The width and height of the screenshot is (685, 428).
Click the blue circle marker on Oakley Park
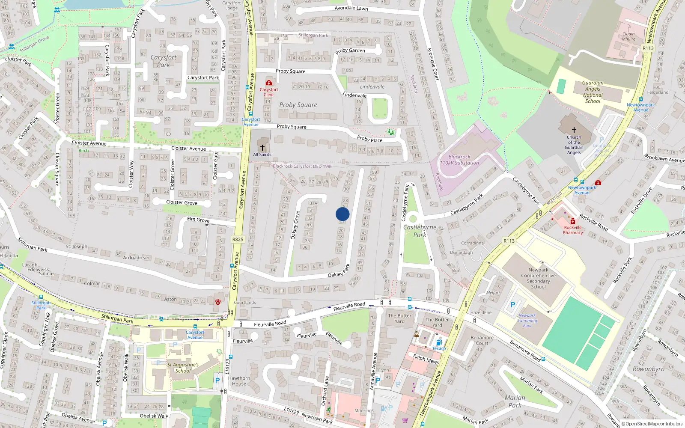(x=342, y=214)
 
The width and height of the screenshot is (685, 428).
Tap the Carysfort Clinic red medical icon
(x=269, y=83)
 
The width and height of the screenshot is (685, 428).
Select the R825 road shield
(x=238, y=240)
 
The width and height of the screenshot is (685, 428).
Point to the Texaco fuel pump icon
(x=439, y=342)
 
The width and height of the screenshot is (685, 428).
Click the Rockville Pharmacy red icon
(x=573, y=221)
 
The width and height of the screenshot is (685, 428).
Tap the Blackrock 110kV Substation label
(x=459, y=160)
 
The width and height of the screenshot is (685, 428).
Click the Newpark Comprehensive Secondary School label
(x=539, y=278)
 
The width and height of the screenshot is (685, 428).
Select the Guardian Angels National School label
(x=593, y=92)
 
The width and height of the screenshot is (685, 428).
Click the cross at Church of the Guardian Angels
(x=574, y=130)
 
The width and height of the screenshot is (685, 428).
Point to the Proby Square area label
(x=298, y=105)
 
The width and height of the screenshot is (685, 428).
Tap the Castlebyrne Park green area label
(x=420, y=231)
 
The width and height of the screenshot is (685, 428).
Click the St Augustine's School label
(x=183, y=368)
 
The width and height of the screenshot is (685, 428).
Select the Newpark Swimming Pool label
(x=527, y=321)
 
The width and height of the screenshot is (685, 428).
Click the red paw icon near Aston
(x=218, y=302)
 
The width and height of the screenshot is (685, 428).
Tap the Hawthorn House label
(x=239, y=381)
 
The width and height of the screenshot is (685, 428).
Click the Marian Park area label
(x=515, y=401)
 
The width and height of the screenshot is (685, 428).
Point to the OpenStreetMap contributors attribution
(x=652, y=424)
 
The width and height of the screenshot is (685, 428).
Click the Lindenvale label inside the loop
(x=372, y=86)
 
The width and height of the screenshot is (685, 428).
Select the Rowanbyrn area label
(x=649, y=369)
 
